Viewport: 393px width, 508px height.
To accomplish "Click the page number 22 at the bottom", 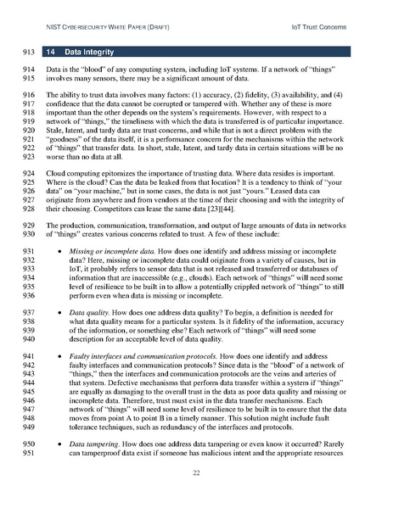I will click(x=196, y=472).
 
